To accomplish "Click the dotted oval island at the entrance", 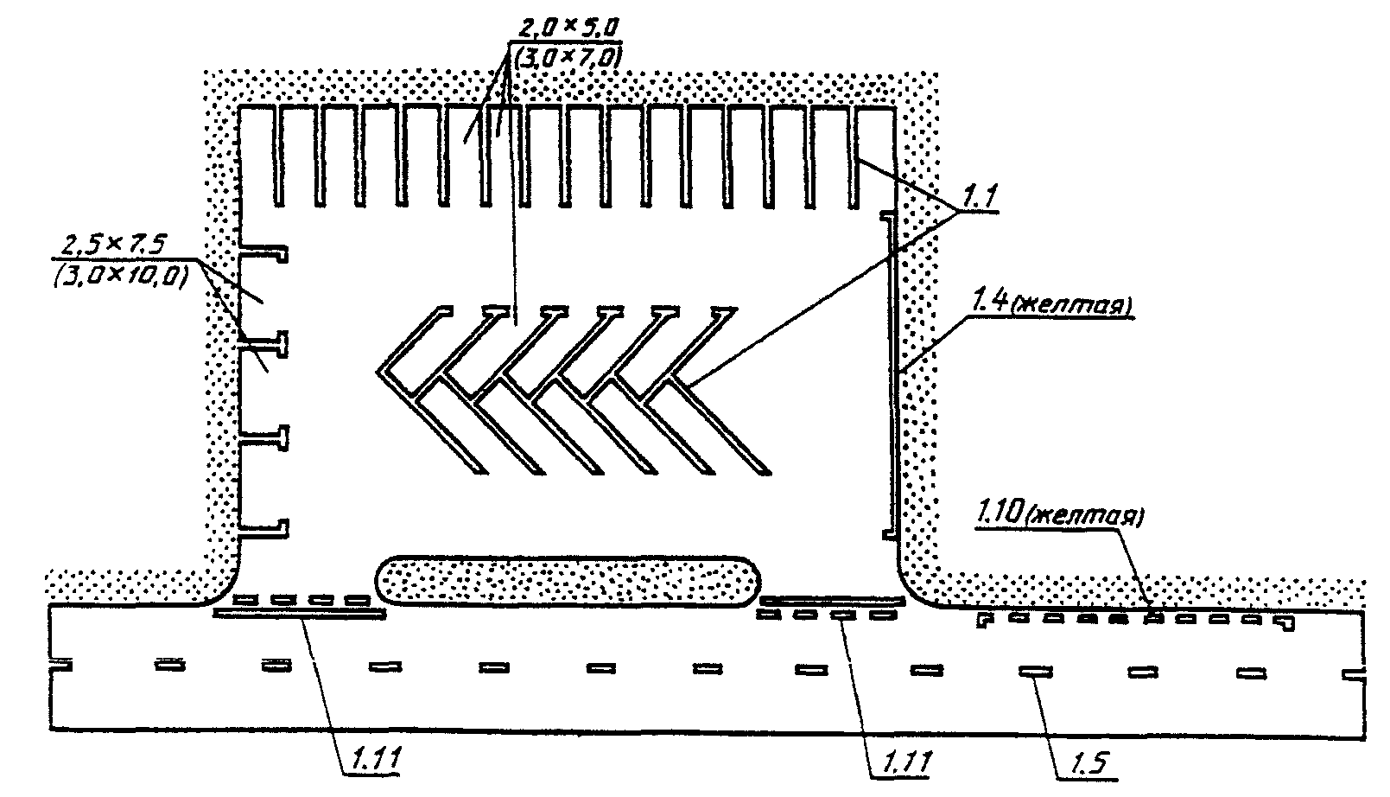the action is point(569,580).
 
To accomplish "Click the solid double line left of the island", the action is point(299,613).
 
